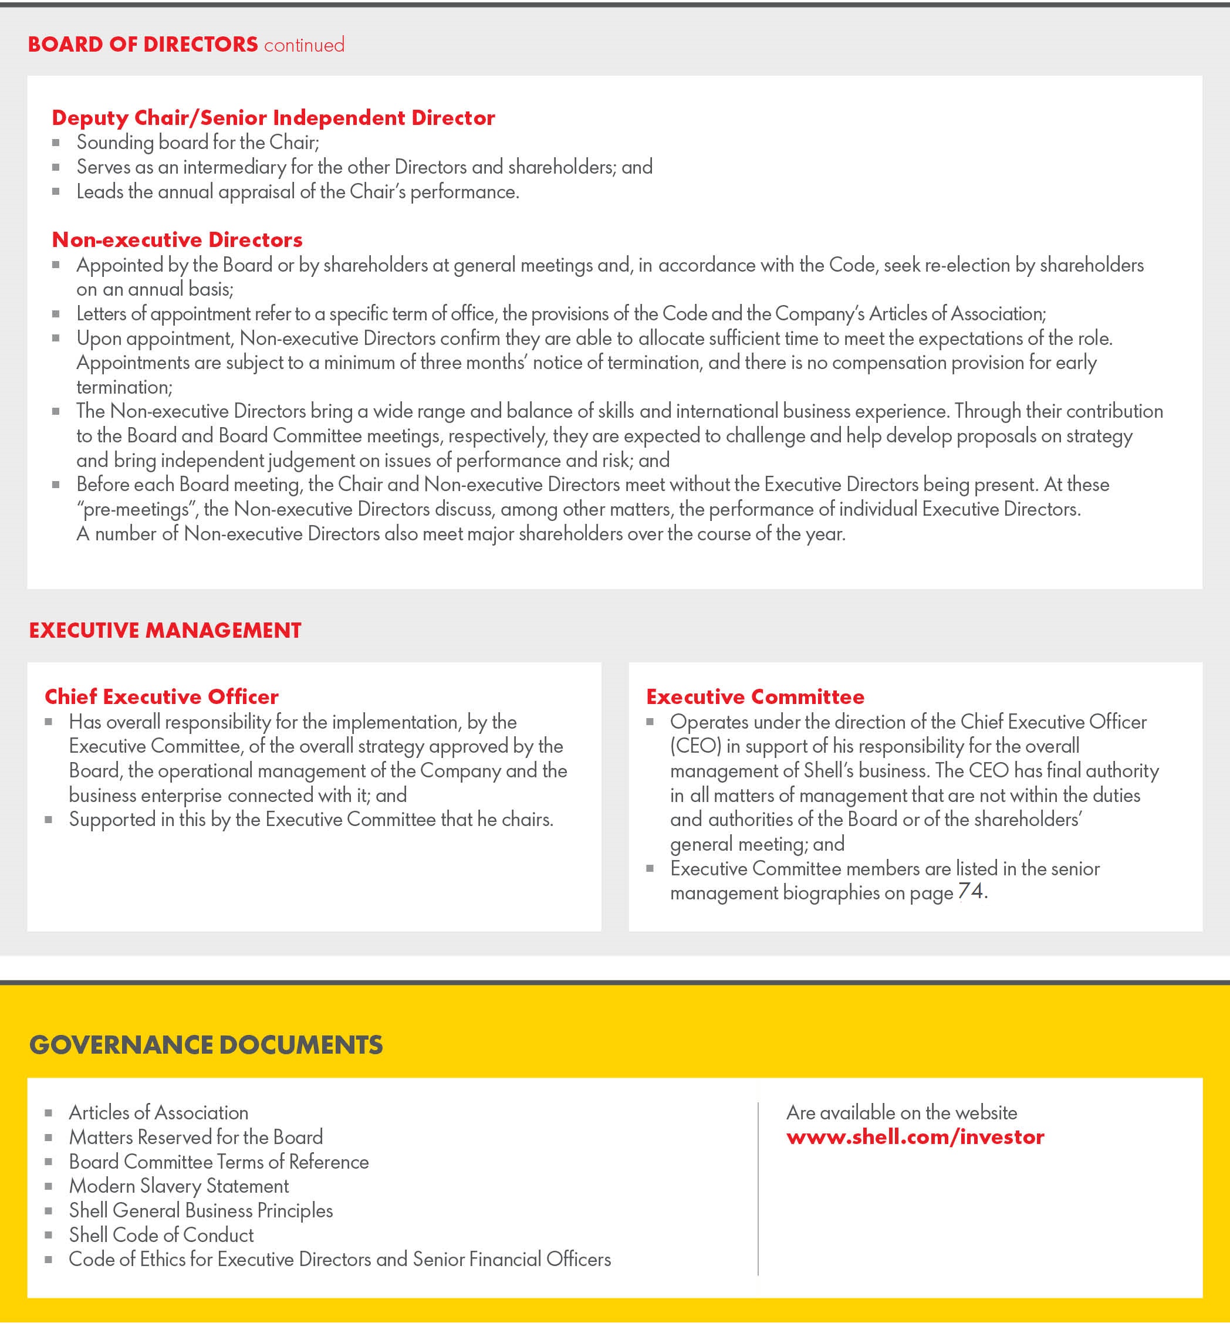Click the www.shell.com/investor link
click(x=915, y=1137)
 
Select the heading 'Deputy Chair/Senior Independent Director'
click(x=273, y=118)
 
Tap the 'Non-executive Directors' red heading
click(x=177, y=239)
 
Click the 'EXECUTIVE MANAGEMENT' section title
click(x=165, y=630)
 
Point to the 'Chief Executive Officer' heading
click(x=162, y=696)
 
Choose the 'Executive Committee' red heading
click(x=755, y=696)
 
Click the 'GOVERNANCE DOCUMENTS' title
click(x=207, y=1044)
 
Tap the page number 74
click(x=971, y=892)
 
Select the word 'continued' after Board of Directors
click(x=304, y=45)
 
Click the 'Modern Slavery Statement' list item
click(x=179, y=1186)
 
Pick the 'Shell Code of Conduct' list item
click(x=161, y=1235)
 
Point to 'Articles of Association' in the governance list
click(x=158, y=1112)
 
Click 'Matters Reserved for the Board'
click(x=195, y=1137)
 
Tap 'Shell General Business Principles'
click(x=201, y=1210)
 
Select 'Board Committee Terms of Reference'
click(x=219, y=1162)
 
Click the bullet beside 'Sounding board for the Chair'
click(x=56, y=143)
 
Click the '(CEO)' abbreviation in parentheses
click(x=695, y=746)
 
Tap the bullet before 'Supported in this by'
click(x=49, y=820)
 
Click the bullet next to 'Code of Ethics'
click(x=49, y=1260)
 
